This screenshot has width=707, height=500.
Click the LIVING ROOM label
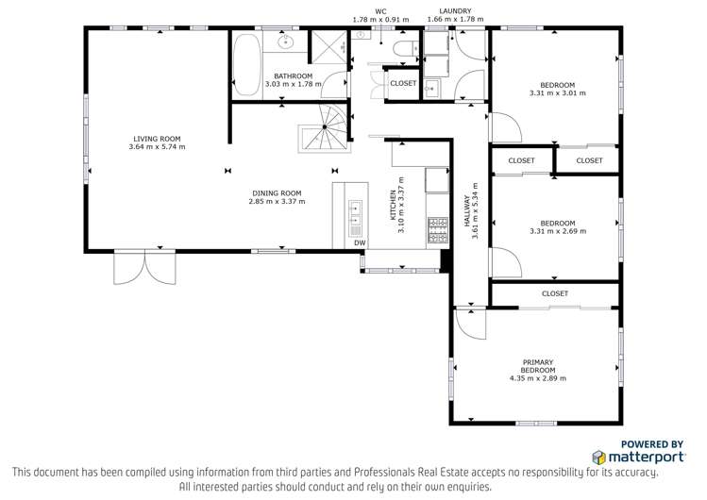coord(158,139)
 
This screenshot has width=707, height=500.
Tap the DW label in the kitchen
coord(359,243)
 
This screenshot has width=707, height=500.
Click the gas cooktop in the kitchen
coord(437,227)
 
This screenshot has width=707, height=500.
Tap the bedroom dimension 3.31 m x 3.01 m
coord(557,93)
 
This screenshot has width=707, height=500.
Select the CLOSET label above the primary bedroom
coord(555,293)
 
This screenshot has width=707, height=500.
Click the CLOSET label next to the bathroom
coord(403,83)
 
